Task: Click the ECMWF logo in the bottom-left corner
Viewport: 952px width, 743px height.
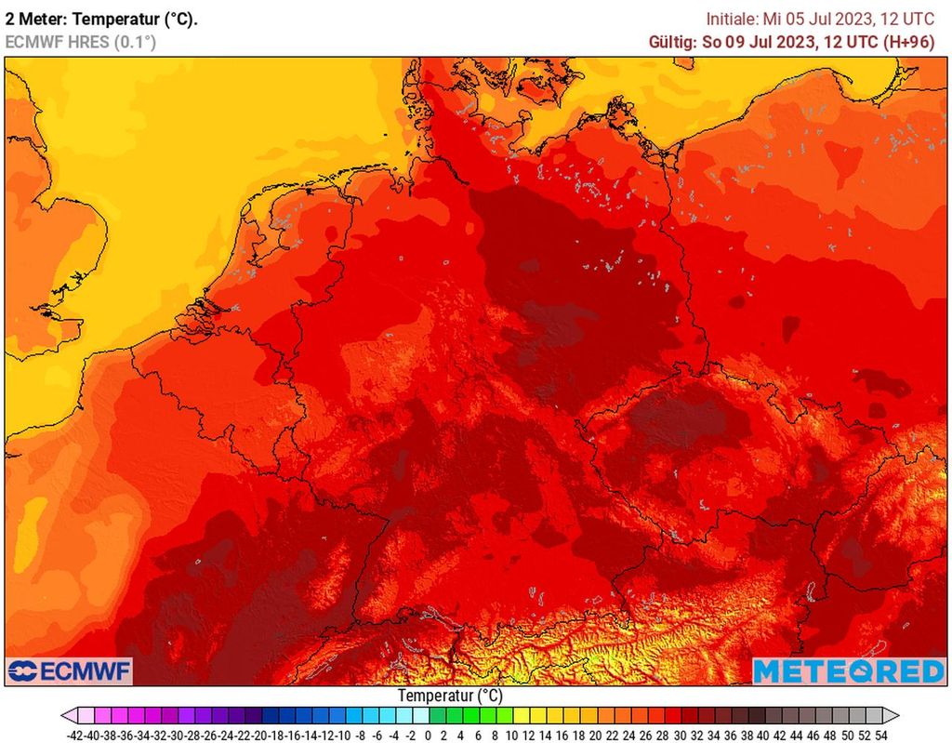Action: tap(71, 670)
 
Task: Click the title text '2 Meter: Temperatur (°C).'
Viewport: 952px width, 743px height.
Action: tap(101, 19)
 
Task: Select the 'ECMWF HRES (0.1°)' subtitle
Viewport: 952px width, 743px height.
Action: tap(80, 42)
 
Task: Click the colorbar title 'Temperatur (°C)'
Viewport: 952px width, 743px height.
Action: tap(450, 696)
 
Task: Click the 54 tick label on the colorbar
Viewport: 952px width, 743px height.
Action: tap(880, 735)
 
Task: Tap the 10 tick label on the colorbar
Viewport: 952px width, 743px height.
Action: tap(511, 735)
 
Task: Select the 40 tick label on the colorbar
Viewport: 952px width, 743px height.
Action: tap(763, 735)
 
